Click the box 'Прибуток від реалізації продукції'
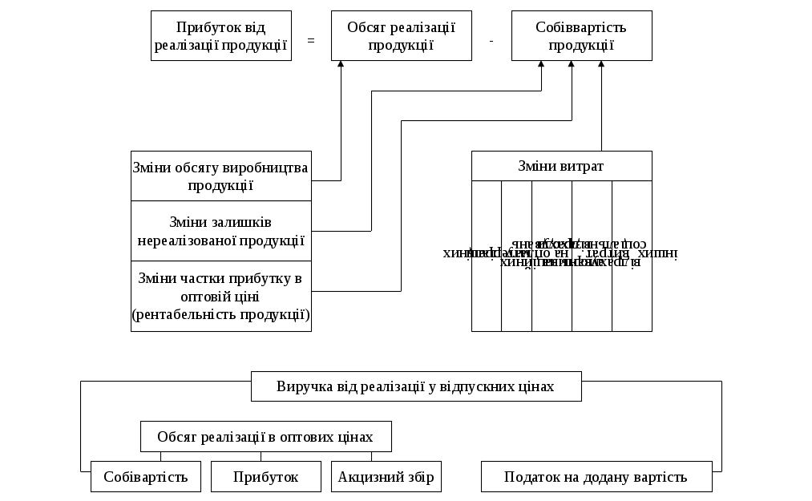click(x=220, y=36)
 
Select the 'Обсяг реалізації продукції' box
click(x=402, y=36)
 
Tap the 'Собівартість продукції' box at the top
click(x=582, y=36)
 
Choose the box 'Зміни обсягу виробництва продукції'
click(x=221, y=176)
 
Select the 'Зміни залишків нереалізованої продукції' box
click(x=221, y=231)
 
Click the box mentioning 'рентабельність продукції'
click(x=221, y=297)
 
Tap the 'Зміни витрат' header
click(x=561, y=167)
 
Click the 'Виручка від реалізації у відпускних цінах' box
click(x=416, y=386)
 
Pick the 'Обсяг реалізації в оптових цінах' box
click(x=265, y=437)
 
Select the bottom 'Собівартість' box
click(x=146, y=477)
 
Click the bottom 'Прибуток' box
click(x=266, y=477)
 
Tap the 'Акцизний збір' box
click(x=386, y=477)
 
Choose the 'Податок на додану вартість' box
click(x=596, y=477)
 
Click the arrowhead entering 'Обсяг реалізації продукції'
click(x=341, y=65)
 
